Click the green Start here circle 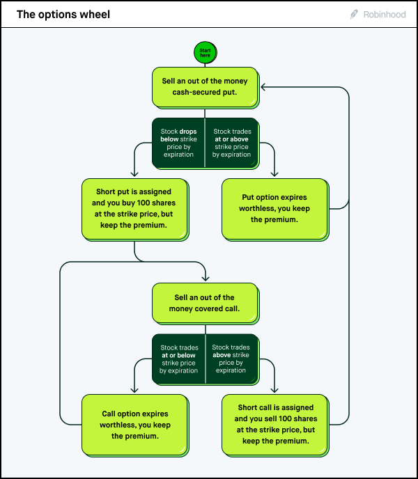point(205,53)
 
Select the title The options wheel point(63,14)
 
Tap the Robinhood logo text point(385,14)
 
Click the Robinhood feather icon point(355,14)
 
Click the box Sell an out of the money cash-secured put point(205,86)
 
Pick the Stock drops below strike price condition point(178,143)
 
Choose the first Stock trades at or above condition point(231,143)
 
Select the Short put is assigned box point(134,208)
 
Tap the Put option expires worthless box point(274,208)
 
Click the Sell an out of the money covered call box point(205,303)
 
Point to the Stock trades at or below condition point(178,359)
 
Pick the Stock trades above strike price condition point(231,359)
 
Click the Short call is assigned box point(274,424)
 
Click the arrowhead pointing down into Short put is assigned point(134,173)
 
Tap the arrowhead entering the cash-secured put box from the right point(263,86)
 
